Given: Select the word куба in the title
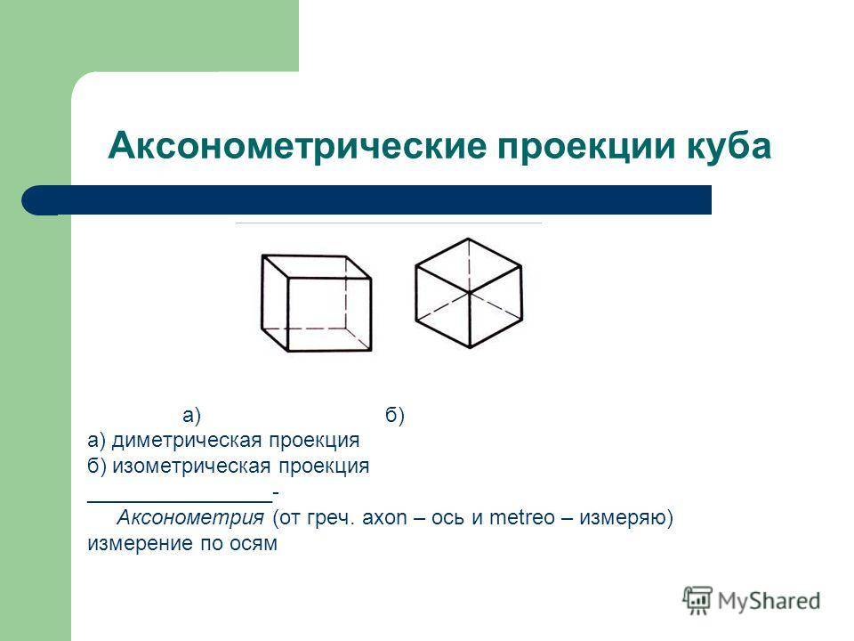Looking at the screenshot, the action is pos(729,146).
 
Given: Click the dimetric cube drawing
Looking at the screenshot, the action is pos(317,303).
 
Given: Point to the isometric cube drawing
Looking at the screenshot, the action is pos(469,293).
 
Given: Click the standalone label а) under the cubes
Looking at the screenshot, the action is pos(191,416).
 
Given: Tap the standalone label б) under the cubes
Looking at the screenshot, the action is pos(395,416).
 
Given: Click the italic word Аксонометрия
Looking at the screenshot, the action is pos(190,517).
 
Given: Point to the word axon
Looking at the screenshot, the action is pos(384,517).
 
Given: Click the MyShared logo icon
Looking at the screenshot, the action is pos(697,601).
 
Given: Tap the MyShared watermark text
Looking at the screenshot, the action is pos(769,601).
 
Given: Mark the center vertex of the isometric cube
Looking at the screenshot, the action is pos(470,294).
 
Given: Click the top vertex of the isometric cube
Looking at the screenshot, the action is pos(469,239).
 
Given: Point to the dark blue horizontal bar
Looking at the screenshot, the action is pos(367,200).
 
